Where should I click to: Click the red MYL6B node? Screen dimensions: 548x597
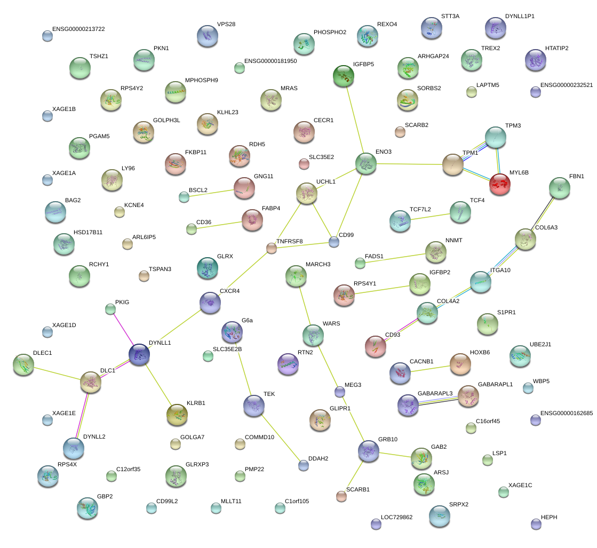(500, 184)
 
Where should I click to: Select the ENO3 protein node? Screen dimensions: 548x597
(366, 163)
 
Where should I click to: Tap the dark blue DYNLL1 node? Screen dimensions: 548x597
(139, 354)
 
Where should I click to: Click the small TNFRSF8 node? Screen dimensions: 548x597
(272, 248)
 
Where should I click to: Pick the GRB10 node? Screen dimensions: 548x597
(369, 451)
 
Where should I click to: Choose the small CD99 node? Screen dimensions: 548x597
(334, 242)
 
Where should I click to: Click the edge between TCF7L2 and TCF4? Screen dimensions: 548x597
(430, 216)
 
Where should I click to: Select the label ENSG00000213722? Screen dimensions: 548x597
(78, 29)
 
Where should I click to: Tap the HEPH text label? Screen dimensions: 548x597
(549, 518)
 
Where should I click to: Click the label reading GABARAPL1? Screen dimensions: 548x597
(495, 384)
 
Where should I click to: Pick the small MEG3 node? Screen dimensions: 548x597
(340, 392)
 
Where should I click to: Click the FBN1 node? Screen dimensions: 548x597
(559, 187)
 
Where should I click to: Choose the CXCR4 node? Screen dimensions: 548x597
(210, 303)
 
